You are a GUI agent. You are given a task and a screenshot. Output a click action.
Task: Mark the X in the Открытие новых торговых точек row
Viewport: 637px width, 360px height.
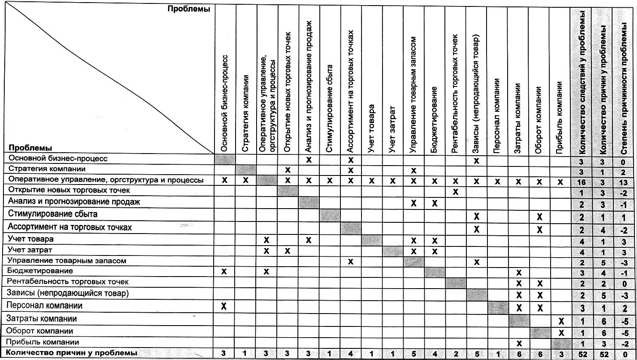(456, 192)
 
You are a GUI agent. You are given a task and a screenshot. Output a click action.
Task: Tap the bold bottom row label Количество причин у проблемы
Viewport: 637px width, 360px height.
(72, 353)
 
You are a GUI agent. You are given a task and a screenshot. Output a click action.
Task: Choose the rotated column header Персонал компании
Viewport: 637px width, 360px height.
(497, 116)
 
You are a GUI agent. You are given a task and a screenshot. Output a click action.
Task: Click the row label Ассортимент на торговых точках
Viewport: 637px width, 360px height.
(70, 227)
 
